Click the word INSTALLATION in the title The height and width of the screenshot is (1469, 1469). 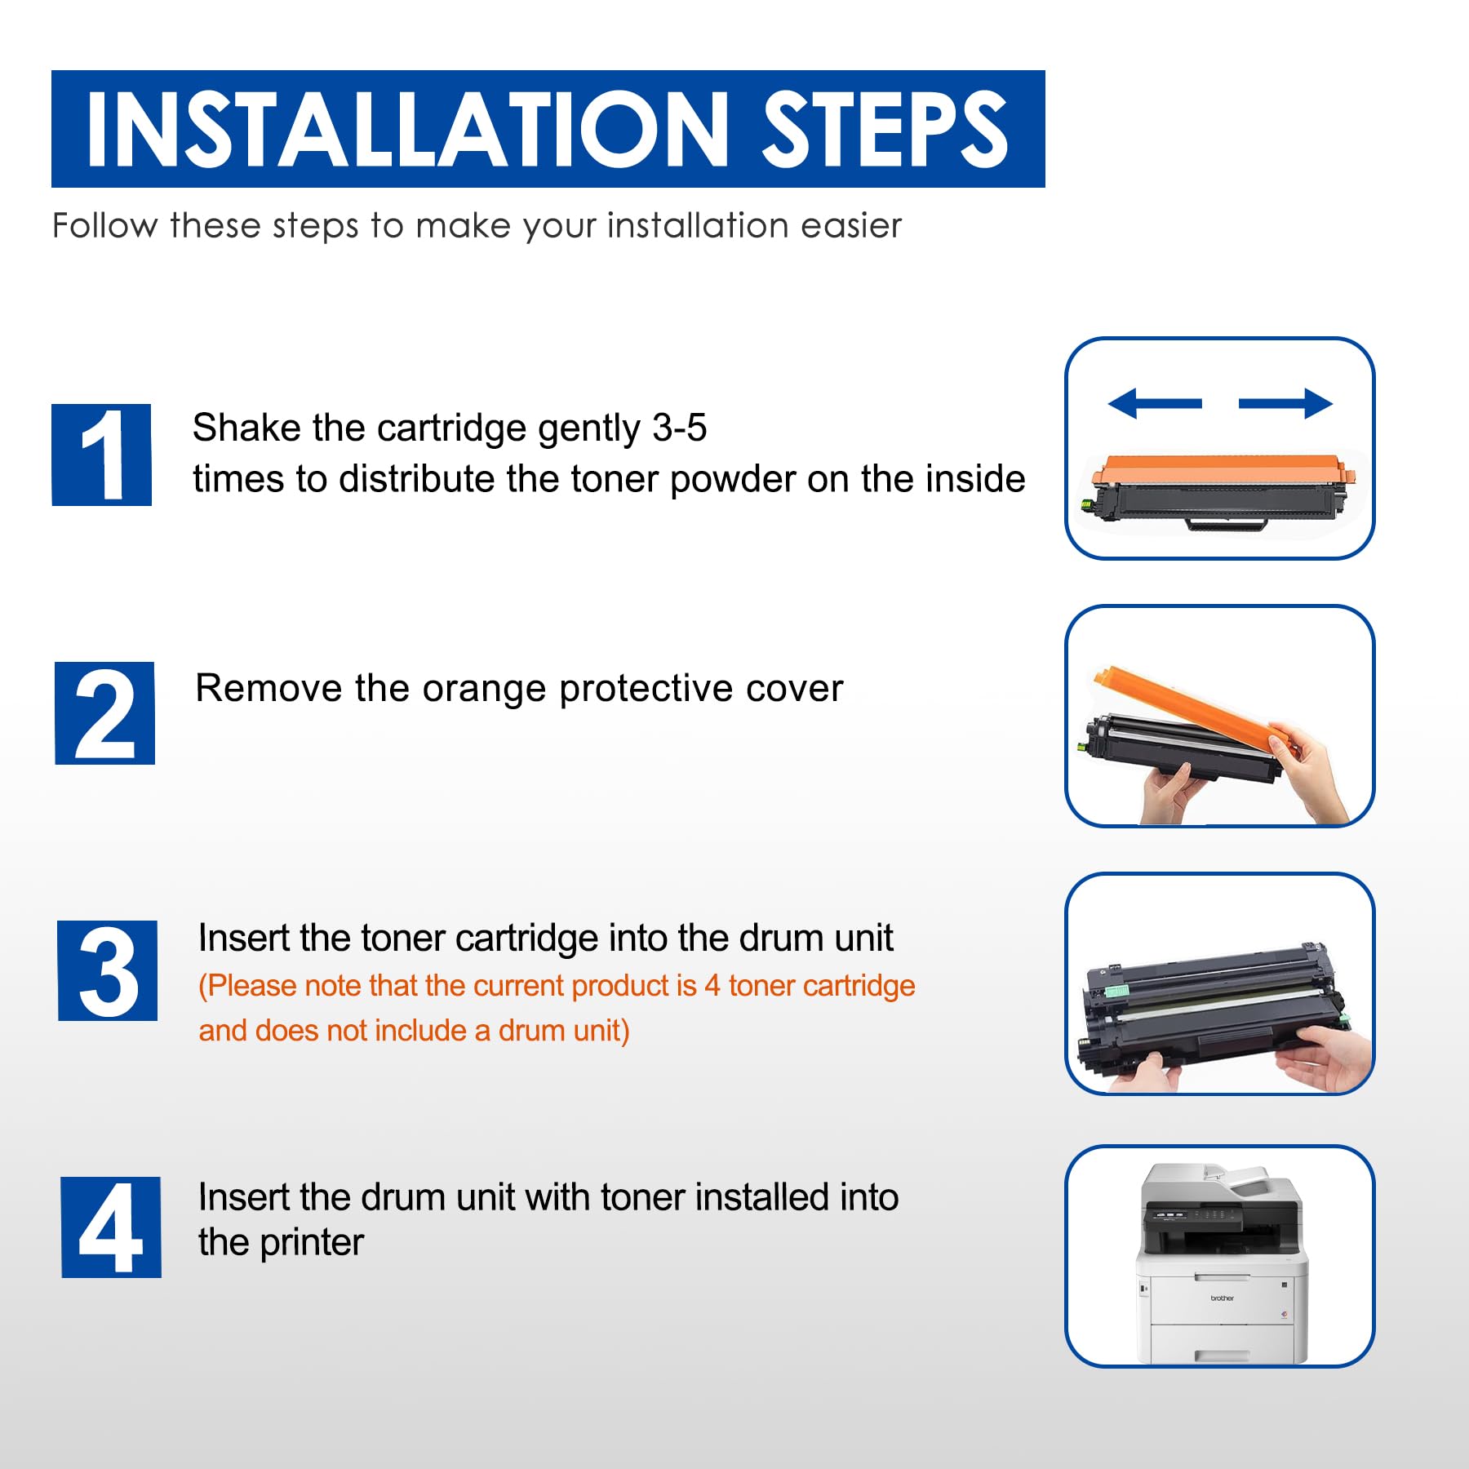(x=407, y=129)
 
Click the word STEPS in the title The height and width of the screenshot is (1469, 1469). (x=885, y=129)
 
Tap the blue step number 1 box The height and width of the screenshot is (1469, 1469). (x=102, y=455)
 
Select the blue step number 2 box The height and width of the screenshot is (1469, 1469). (x=104, y=712)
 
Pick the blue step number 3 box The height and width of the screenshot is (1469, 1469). (x=108, y=970)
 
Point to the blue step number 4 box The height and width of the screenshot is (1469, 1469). (x=111, y=1227)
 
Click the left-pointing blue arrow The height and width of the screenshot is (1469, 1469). (x=1155, y=403)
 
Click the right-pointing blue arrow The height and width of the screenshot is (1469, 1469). (x=1285, y=403)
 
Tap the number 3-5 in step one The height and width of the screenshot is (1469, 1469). (x=679, y=428)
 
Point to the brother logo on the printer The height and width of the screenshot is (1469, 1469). (x=1222, y=1298)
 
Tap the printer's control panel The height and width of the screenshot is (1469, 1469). (x=1192, y=1216)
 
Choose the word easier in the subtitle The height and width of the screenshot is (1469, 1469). (x=851, y=225)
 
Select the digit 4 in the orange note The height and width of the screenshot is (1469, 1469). (x=712, y=986)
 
